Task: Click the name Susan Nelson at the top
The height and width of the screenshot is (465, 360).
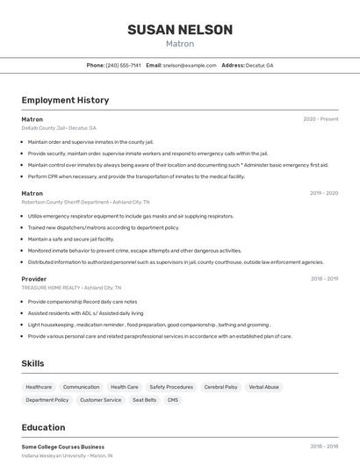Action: (x=180, y=30)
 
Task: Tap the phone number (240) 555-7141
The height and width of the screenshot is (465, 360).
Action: (x=123, y=65)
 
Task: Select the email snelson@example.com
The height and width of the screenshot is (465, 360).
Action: (x=189, y=65)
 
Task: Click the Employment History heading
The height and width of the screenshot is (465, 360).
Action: (x=65, y=100)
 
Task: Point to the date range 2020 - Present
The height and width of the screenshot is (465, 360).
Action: (x=320, y=119)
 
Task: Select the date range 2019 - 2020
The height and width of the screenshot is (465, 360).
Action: (x=324, y=193)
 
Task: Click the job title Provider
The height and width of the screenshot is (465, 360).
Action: (x=34, y=279)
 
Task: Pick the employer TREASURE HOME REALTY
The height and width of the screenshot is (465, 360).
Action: (x=52, y=288)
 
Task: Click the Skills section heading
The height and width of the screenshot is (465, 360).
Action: (x=32, y=363)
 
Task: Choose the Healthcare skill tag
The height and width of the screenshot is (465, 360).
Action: (x=39, y=387)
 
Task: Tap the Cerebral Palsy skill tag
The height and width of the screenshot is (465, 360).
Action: (x=220, y=387)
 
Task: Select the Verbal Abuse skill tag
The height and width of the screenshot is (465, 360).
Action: (x=264, y=387)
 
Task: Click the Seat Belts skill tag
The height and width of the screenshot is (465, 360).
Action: (x=144, y=400)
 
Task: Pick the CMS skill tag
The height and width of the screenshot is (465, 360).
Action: (x=173, y=400)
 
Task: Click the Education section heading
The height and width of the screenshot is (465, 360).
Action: (x=43, y=427)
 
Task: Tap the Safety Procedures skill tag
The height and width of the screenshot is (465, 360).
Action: (x=171, y=387)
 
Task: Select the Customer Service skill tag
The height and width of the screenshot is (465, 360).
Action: (x=100, y=400)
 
